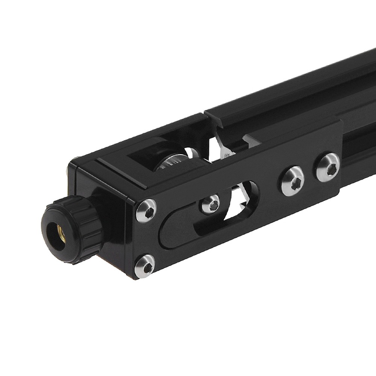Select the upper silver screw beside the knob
click(x=146, y=211)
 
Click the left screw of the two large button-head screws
click(x=293, y=181)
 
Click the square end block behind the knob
click(x=109, y=211)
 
